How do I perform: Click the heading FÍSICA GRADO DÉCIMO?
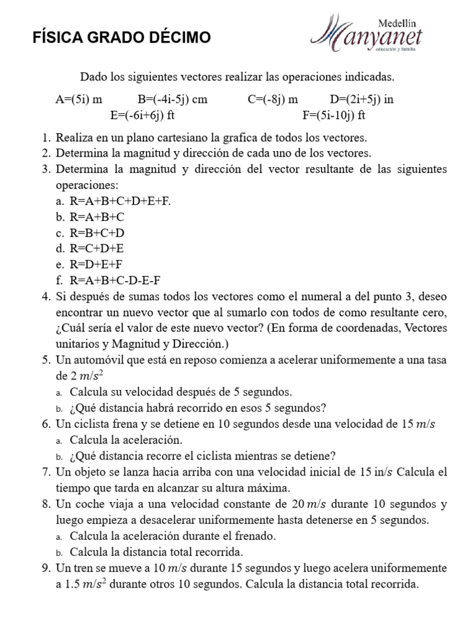121,38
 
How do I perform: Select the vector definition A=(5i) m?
79,99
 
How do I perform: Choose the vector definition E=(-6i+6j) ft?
145,115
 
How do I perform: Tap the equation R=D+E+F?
98,264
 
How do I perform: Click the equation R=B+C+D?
98,233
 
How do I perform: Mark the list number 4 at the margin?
46,296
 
